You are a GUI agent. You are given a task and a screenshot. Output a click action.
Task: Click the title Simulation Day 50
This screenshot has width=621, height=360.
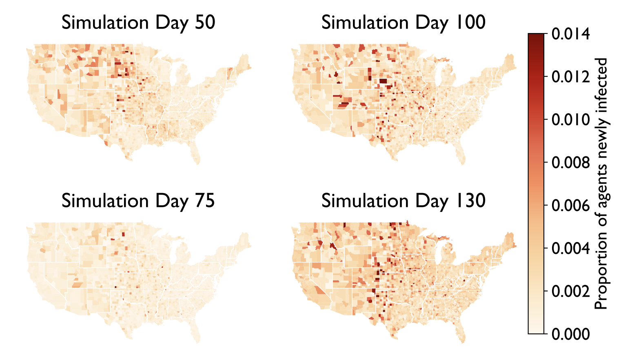click(x=138, y=23)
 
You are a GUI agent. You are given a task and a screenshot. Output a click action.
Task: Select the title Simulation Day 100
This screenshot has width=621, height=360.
click(x=403, y=23)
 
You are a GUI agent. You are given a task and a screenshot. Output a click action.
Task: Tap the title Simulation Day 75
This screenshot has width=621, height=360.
click(x=138, y=201)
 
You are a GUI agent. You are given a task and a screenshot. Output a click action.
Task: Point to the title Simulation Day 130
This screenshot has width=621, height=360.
click(x=403, y=201)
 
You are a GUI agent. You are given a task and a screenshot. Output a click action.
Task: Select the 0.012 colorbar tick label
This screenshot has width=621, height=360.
click(x=570, y=77)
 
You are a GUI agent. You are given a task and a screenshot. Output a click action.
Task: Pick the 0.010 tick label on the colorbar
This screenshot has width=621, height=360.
click(x=570, y=120)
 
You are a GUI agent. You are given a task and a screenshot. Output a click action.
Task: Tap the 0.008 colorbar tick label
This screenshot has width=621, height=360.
click(x=570, y=163)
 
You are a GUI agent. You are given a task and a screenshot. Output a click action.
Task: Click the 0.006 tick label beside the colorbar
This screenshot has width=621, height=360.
click(x=570, y=206)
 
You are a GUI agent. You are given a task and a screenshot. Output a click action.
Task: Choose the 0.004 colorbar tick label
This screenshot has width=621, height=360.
click(x=570, y=249)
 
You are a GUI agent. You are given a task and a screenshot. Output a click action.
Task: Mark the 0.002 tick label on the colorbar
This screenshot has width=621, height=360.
click(x=570, y=291)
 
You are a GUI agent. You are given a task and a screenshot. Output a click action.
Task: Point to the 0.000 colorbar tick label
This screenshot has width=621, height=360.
click(x=570, y=334)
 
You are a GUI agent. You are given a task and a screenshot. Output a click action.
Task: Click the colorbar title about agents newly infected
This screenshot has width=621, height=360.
click(x=601, y=184)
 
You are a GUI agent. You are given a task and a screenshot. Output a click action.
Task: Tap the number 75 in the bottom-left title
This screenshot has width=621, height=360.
click(x=204, y=201)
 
